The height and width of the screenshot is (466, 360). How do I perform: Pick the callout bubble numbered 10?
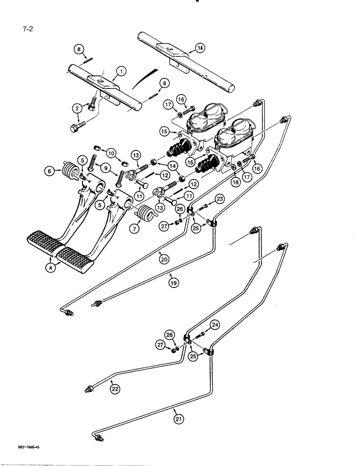111,153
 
